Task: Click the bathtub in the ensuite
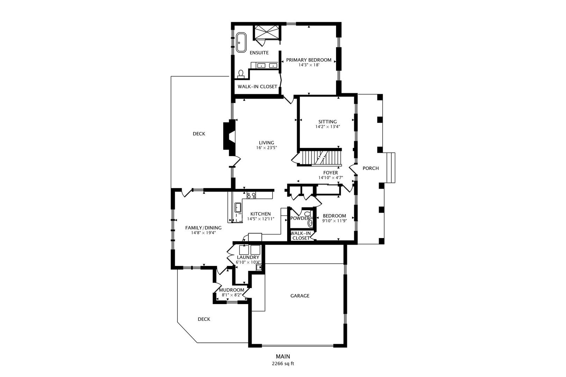pyautogui.click(x=241, y=43)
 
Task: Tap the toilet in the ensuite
pyautogui.click(x=241, y=74)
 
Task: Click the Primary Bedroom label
pyautogui.click(x=309, y=60)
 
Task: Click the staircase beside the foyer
pyautogui.click(x=321, y=157)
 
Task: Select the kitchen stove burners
pyautogui.click(x=251, y=195)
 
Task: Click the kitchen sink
pyautogui.click(x=238, y=208)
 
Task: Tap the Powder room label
pyautogui.click(x=299, y=219)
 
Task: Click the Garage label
pyautogui.click(x=300, y=296)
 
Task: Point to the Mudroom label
pyautogui.click(x=231, y=290)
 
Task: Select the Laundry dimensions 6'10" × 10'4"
pyautogui.click(x=248, y=262)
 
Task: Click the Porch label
pyautogui.click(x=370, y=168)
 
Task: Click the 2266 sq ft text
pyautogui.click(x=283, y=363)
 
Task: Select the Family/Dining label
pyautogui.click(x=203, y=228)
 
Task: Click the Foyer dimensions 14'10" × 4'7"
pyautogui.click(x=330, y=178)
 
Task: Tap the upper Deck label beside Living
pyautogui.click(x=199, y=134)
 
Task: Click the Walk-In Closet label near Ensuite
pyautogui.click(x=257, y=87)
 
